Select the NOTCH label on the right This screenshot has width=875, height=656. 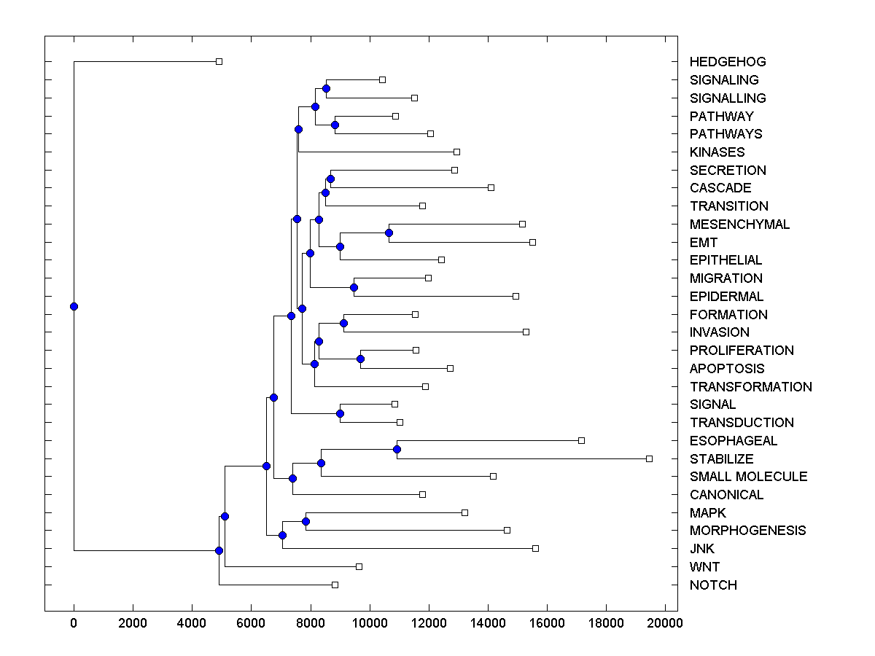(x=713, y=585)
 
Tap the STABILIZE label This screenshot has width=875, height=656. (x=721, y=459)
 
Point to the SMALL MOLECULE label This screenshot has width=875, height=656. (x=748, y=477)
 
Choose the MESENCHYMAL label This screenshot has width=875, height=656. (x=739, y=224)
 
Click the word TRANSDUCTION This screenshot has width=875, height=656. (x=742, y=423)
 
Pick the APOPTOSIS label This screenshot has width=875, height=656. (x=727, y=369)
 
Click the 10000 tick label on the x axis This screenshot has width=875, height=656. (x=370, y=623)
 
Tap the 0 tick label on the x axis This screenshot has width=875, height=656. (x=74, y=623)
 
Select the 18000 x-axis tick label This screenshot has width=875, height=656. (x=606, y=623)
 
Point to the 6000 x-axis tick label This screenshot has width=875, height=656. (x=251, y=623)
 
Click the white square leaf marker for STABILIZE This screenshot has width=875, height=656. (x=649, y=458)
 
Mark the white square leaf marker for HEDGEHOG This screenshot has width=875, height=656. (x=219, y=61)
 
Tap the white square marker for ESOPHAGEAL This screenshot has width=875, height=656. (x=581, y=440)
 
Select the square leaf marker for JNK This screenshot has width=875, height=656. (x=535, y=548)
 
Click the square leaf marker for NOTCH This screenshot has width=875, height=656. (x=335, y=585)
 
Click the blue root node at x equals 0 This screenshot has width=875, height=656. (x=74, y=306)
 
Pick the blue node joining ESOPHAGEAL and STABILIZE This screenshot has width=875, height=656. (x=397, y=449)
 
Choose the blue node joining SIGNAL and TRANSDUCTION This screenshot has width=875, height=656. (x=340, y=413)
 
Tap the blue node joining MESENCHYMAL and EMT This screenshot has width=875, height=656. (x=389, y=233)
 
